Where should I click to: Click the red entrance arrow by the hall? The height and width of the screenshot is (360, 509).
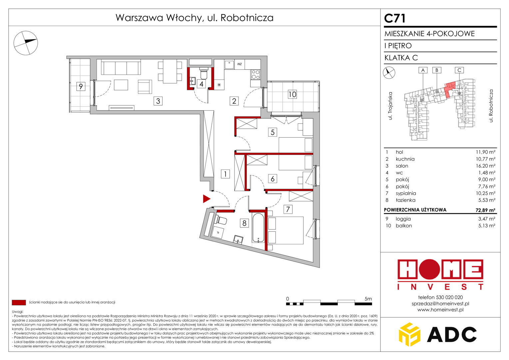[206, 199]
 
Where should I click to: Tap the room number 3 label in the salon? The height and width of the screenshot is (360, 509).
[158, 101]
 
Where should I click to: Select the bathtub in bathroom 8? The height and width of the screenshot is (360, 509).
[258, 227]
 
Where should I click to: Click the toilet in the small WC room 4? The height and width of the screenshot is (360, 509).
[204, 73]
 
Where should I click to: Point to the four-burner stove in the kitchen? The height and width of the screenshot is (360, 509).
[255, 75]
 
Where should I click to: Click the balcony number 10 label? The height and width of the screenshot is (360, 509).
[292, 94]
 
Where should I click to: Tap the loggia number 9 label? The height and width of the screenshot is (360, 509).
[81, 86]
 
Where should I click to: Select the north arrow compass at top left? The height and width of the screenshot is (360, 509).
[26, 43]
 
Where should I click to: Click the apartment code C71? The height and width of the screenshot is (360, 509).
[395, 18]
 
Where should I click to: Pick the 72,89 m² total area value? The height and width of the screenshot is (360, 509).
[485, 210]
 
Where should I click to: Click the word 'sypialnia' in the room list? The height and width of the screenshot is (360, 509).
[406, 193]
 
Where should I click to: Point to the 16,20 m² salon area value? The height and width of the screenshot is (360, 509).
[486, 166]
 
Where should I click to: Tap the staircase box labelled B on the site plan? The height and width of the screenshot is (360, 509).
[437, 70]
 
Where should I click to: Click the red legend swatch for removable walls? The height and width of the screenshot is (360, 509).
[19, 302]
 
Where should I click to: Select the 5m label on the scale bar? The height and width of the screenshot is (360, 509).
[368, 299]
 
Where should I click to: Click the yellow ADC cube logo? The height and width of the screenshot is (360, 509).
[409, 334]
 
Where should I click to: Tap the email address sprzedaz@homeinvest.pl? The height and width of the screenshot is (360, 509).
[440, 303]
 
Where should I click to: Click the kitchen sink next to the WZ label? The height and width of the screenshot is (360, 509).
[229, 64]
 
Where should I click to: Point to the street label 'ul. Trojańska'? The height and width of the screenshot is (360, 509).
[390, 106]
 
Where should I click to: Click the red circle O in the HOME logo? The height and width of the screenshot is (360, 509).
[429, 269]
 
